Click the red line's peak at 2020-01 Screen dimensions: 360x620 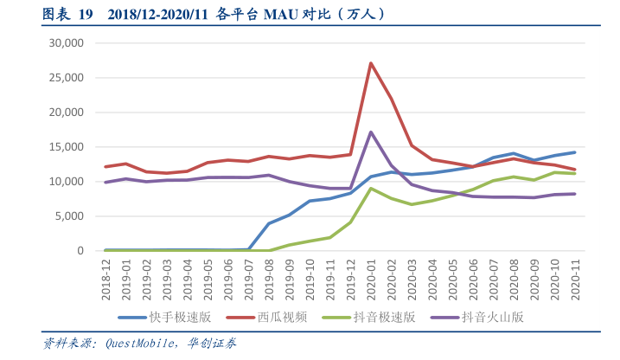(371, 63)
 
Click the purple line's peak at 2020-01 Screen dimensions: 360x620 (371, 132)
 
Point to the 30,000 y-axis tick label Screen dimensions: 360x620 (66, 42)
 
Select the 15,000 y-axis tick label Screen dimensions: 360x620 (66, 147)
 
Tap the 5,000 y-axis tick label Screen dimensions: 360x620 (69, 216)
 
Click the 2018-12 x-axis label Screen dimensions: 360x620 (106, 277)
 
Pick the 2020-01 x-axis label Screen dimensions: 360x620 (371, 277)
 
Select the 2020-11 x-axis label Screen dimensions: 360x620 (574, 277)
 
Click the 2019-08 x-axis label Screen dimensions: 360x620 (269, 277)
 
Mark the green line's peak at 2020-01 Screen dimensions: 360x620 (371, 189)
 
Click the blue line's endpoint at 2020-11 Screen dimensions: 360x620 (574, 152)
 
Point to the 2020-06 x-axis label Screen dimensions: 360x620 (473, 277)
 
